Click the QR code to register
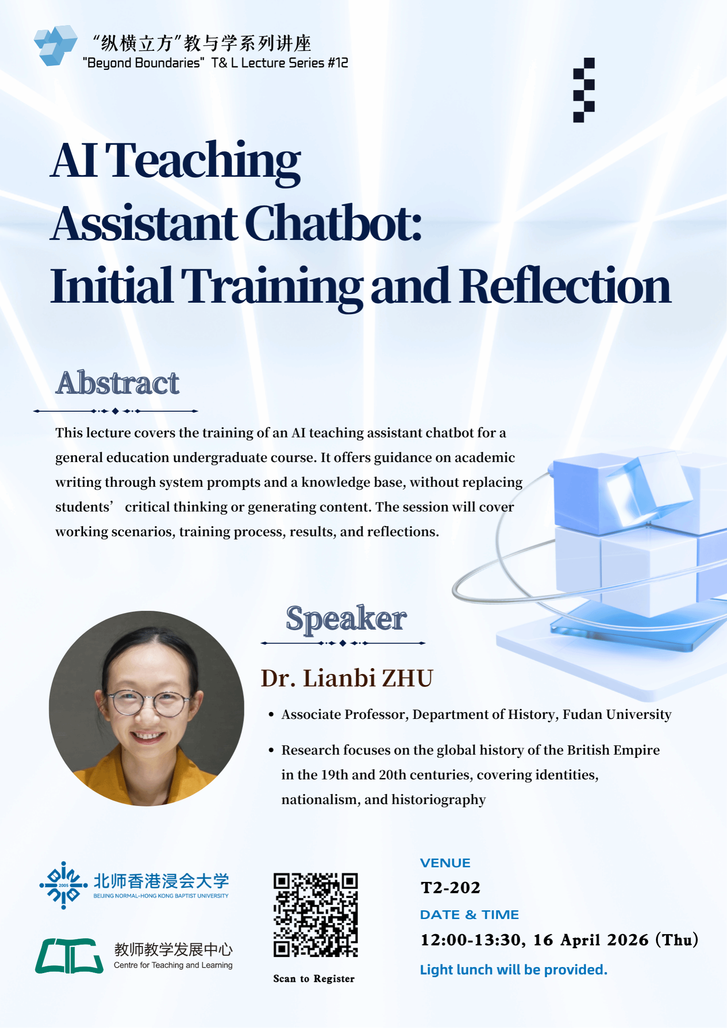pyautogui.click(x=315, y=915)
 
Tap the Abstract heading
pyautogui.click(x=118, y=383)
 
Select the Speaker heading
pyautogui.click(x=346, y=619)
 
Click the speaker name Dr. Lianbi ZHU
pyautogui.click(x=347, y=678)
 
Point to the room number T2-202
pyautogui.click(x=451, y=887)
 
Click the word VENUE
pyautogui.click(x=445, y=863)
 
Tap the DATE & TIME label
pyautogui.click(x=469, y=914)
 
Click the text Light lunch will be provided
pyautogui.click(x=513, y=970)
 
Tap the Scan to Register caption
pyautogui.click(x=314, y=979)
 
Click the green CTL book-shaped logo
pyautogui.click(x=69, y=956)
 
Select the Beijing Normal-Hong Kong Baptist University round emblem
pyautogui.click(x=63, y=885)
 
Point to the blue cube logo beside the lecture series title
pyautogui.click(x=55, y=45)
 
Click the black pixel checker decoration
pyautogui.click(x=584, y=90)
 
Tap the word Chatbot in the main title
pyautogui.click(x=333, y=223)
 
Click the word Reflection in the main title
pyautogui.click(x=565, y=285)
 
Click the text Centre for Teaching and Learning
pyautogui.click(x=173, y=965)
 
